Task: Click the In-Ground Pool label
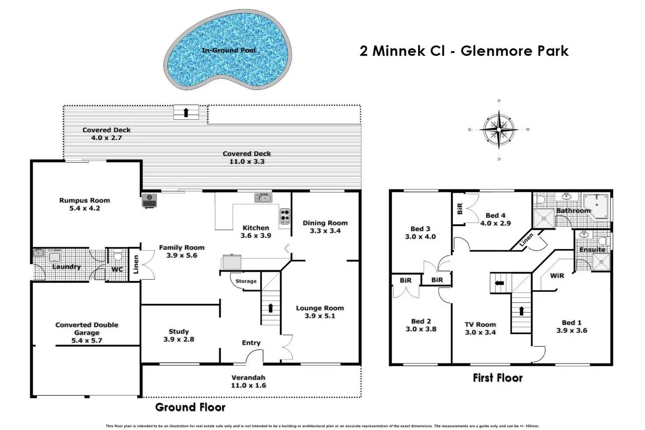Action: [228, 50]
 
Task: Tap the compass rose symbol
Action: [499, 130]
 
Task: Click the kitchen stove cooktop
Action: [285, 216]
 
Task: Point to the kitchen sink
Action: [263, 198]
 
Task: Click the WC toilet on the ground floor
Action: [117, 255]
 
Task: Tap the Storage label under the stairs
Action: [246, 281]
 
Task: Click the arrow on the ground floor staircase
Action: [271, 308]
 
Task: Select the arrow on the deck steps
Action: [186, 112]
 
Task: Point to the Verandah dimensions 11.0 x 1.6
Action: [248, 385]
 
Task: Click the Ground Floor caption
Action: [190, 407]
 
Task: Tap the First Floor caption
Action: [498, 378]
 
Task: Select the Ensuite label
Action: [592, 249]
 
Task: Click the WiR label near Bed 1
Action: [557, 275]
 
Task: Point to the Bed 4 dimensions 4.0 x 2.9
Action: [496, 223]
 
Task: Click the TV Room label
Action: [480, 324]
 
